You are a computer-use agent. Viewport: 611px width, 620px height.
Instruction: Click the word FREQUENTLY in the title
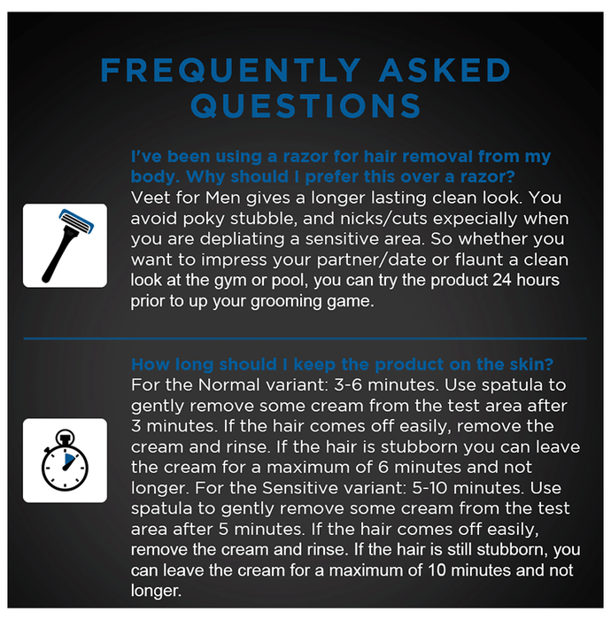point(230,70)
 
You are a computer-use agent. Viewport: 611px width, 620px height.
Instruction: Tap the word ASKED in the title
point(445,70)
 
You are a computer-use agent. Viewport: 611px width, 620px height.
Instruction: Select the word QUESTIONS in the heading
point(305,105)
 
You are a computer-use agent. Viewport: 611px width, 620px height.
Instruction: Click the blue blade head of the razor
point(76,221)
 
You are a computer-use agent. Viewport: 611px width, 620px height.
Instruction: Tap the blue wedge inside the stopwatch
point(70,459)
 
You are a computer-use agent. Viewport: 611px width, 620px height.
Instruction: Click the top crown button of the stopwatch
point(65,437)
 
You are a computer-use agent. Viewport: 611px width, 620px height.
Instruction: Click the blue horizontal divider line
point(305,338)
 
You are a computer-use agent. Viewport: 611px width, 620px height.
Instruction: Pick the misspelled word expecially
point(469,219)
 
